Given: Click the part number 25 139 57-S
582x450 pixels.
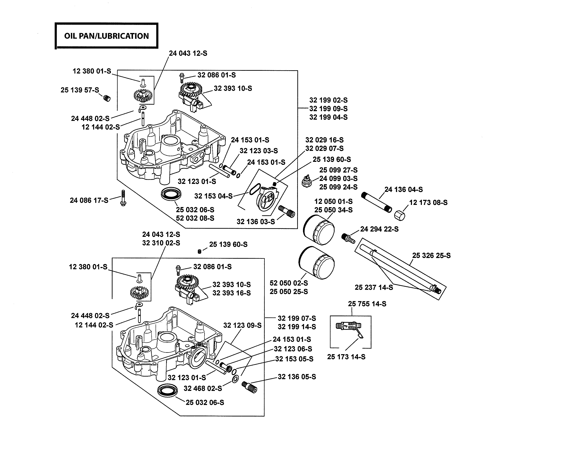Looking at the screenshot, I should pos(80,90).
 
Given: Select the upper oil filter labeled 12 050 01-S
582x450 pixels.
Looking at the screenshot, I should pos(319,230).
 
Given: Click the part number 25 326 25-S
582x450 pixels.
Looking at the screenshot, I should pos(431,255).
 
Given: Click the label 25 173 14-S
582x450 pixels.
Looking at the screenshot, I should pos(346,357).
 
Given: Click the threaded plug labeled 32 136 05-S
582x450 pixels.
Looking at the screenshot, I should pos(249,387).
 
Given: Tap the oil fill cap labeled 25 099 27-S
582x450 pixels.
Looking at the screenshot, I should pos(307,182).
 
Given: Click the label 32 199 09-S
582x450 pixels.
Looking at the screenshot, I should pos(328,109).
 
